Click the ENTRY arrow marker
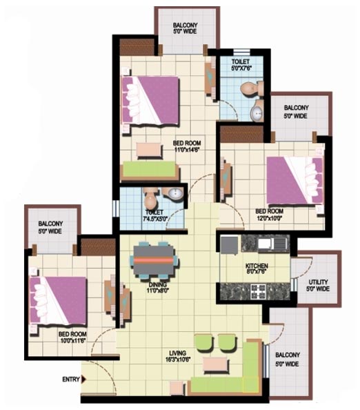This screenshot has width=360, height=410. pos(83,379)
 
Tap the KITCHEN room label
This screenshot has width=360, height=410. pos(257,266)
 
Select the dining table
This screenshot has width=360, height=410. pos(153,260)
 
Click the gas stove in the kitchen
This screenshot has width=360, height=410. pos(259,291)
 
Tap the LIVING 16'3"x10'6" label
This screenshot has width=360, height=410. pos(177,356)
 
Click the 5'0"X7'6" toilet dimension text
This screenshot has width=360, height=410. pos(241,69)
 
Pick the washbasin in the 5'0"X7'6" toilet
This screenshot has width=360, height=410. pos(257,113)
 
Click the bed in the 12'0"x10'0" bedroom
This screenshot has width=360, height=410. pos(295,180)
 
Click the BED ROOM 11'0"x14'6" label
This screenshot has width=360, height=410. pos(187,146)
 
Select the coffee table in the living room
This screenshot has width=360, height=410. pos(215,364)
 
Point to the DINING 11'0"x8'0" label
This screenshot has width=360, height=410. pos(158,287)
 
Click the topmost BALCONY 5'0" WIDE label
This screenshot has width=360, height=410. pos(186,28)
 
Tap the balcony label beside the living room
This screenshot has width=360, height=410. pos(288,360)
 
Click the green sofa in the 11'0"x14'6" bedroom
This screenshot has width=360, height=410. pos(150,170)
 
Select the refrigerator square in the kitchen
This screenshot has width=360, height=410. pos(230,245)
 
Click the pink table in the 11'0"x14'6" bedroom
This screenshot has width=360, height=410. pos(150,150)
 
